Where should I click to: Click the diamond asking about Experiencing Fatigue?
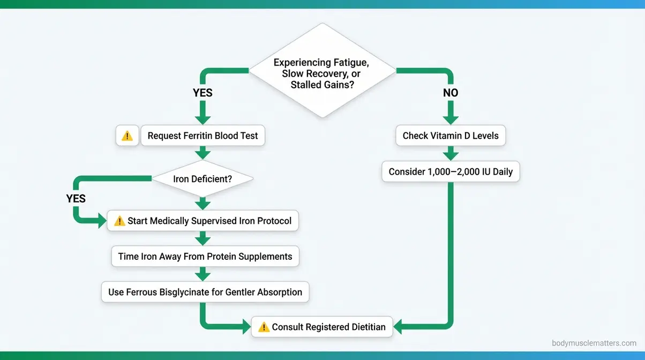322,70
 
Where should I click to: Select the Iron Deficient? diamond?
202,179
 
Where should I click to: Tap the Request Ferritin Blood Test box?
202,136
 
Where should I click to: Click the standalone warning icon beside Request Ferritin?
127,136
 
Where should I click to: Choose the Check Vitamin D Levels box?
451,136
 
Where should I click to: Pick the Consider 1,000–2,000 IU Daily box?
451,172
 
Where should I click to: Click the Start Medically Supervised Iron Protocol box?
202,221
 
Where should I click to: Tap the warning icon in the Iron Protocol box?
119,221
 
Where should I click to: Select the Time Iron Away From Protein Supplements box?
205,256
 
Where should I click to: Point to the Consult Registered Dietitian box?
322,327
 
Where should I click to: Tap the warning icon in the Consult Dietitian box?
264,327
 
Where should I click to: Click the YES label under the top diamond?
202,93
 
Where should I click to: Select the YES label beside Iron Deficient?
76,198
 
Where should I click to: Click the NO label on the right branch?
451,93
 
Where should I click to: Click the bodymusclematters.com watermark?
594,343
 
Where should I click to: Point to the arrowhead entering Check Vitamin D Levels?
451,121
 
